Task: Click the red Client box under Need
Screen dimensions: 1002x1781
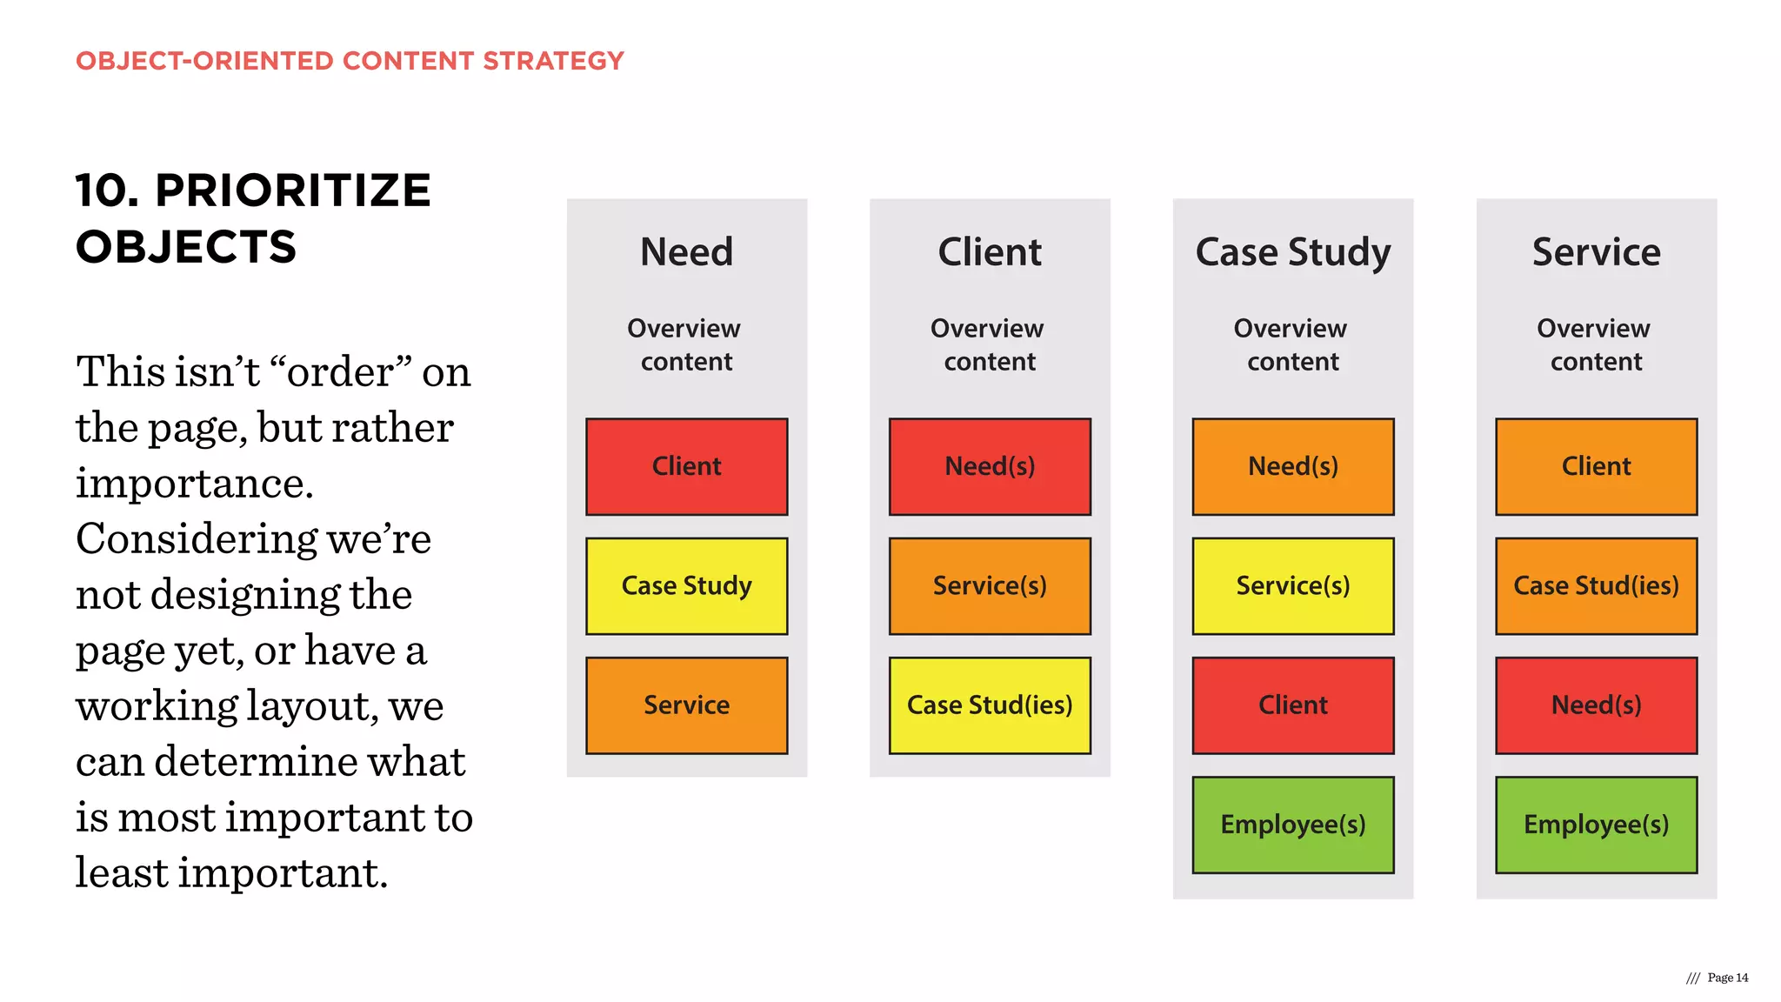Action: tap(686, 466)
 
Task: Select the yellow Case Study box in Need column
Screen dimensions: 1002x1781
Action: tap(686, 585)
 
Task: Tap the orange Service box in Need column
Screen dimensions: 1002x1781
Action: tap(686, 705)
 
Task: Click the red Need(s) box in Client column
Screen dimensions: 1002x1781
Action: tap(990, 466)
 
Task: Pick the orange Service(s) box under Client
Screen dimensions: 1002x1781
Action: tap(990, 585)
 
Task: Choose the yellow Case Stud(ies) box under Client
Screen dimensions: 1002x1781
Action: tap(990, 705)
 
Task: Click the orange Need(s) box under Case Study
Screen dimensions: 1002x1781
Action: tap(1293, 466)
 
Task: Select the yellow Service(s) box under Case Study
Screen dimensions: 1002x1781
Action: tap(1293, 585)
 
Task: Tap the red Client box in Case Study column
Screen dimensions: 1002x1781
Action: tap(1293, 705)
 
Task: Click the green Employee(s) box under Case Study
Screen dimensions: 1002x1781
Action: tap(1293, 824)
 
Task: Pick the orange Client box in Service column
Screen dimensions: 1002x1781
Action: tap(1596, 466)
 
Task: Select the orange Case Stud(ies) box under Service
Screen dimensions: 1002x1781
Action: tap(1596, 585)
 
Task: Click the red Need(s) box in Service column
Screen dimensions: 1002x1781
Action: tap(1596, 705)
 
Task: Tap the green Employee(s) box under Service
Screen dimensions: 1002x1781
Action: tap(1596, 824)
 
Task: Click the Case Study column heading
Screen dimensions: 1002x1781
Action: tap(1293, 252)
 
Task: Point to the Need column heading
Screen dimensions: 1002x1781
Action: tap(686, 252)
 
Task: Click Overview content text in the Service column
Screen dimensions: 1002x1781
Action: tap(1595, 344)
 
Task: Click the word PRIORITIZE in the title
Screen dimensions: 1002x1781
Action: tap(292, 190)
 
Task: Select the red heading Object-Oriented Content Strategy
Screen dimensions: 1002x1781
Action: tap(350, 61)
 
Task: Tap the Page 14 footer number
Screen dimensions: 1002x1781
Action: tap(1727, 978)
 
